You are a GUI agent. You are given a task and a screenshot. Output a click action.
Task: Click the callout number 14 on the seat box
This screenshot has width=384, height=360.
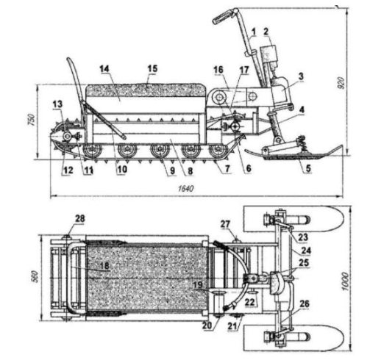click(104, 68)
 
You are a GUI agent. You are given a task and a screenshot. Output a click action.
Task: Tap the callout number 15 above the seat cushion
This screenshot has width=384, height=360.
click(152, 68)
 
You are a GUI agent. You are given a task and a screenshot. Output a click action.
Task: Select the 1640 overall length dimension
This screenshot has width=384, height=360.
click(186, 189)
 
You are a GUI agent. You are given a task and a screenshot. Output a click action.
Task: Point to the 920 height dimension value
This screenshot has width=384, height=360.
click(343, 83)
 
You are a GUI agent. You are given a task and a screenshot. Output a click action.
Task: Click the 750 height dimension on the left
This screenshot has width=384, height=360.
click(32, 120)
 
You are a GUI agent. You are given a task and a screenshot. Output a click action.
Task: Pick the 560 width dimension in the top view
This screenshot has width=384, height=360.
click(35, 277)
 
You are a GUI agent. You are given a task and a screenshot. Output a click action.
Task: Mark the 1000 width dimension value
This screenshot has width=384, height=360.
click(345, 281)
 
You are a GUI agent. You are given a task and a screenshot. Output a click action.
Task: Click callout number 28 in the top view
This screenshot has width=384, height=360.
click(80, 218)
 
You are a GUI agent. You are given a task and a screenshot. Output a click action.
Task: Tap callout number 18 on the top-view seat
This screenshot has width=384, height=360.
click(104, 266)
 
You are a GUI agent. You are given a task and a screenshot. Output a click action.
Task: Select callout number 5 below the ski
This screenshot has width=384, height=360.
click(308, 168)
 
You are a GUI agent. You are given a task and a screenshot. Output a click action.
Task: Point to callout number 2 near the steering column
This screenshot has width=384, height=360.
click(266, 32)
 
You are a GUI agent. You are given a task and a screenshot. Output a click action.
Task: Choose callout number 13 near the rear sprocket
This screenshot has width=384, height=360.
click(57, 104)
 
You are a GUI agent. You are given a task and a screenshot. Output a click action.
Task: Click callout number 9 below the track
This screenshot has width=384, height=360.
click(172, 170)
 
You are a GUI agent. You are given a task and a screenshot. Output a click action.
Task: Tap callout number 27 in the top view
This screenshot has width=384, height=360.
click(225, 224)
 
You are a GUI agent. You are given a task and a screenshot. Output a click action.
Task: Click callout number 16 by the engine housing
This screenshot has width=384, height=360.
click(218, 70)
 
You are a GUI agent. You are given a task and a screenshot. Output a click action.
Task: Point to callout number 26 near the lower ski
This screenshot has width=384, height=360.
click(305, 304)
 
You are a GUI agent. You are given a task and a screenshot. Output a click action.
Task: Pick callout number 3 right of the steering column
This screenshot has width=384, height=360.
click(301, 76)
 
